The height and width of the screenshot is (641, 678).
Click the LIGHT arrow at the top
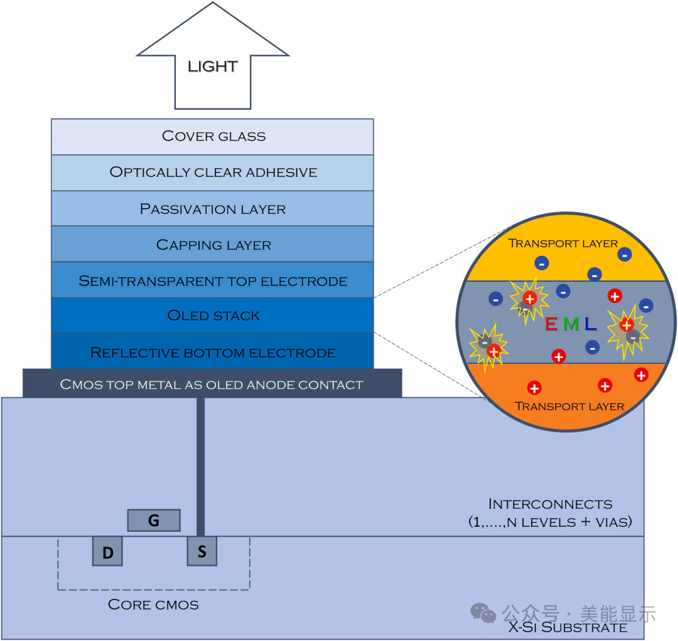(212, 66)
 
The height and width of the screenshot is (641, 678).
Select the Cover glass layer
(213, 136)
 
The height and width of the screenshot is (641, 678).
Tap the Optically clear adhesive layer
(213, 172)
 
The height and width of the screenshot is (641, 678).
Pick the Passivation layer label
(213, 209)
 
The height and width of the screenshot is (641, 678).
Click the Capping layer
(213, 245)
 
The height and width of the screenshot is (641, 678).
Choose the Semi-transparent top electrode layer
(213, 281)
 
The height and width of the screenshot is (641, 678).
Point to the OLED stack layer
(213, 315)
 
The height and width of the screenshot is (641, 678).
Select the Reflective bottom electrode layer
(213, 352)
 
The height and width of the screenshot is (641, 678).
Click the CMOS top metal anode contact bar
(212, 384)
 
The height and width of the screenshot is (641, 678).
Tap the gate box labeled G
(154, 520)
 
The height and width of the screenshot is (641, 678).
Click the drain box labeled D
(107, 552)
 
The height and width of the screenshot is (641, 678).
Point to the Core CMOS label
(153, 605)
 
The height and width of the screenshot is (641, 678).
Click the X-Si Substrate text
(568, 627)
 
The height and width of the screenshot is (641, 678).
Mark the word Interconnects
(550, 504)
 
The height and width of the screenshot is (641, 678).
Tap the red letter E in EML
(551, 324)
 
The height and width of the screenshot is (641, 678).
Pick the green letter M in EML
(570, 324)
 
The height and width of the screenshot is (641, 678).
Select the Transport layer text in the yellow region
(562, 243)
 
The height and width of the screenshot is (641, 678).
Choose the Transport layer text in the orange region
(569, 406)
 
